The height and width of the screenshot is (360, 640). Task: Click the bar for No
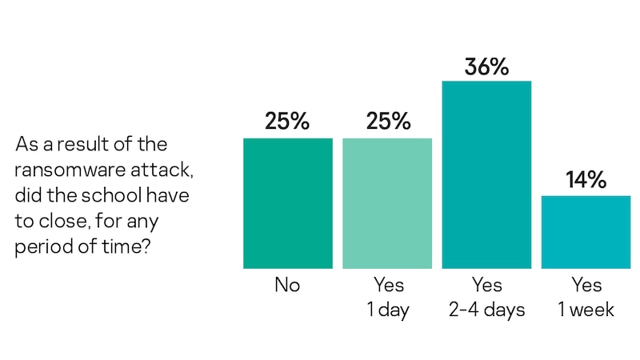tap(288, 203)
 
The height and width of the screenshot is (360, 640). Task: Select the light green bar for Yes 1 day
tap(387, 203)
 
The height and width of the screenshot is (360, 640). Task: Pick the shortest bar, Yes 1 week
tap(586, 231)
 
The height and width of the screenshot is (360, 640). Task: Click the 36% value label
tap(486, 66)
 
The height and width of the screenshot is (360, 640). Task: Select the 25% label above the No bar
tap(288, 122)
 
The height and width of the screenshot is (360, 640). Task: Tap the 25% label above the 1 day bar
tap(387, 122)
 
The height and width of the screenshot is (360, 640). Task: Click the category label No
tap(288, 286)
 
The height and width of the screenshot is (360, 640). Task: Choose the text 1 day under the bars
tap(387, 310)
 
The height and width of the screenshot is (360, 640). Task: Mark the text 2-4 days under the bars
tap(486, 310)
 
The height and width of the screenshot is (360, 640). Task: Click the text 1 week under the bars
tap(586, 310)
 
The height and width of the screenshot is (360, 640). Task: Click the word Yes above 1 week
tap(586, 286)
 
